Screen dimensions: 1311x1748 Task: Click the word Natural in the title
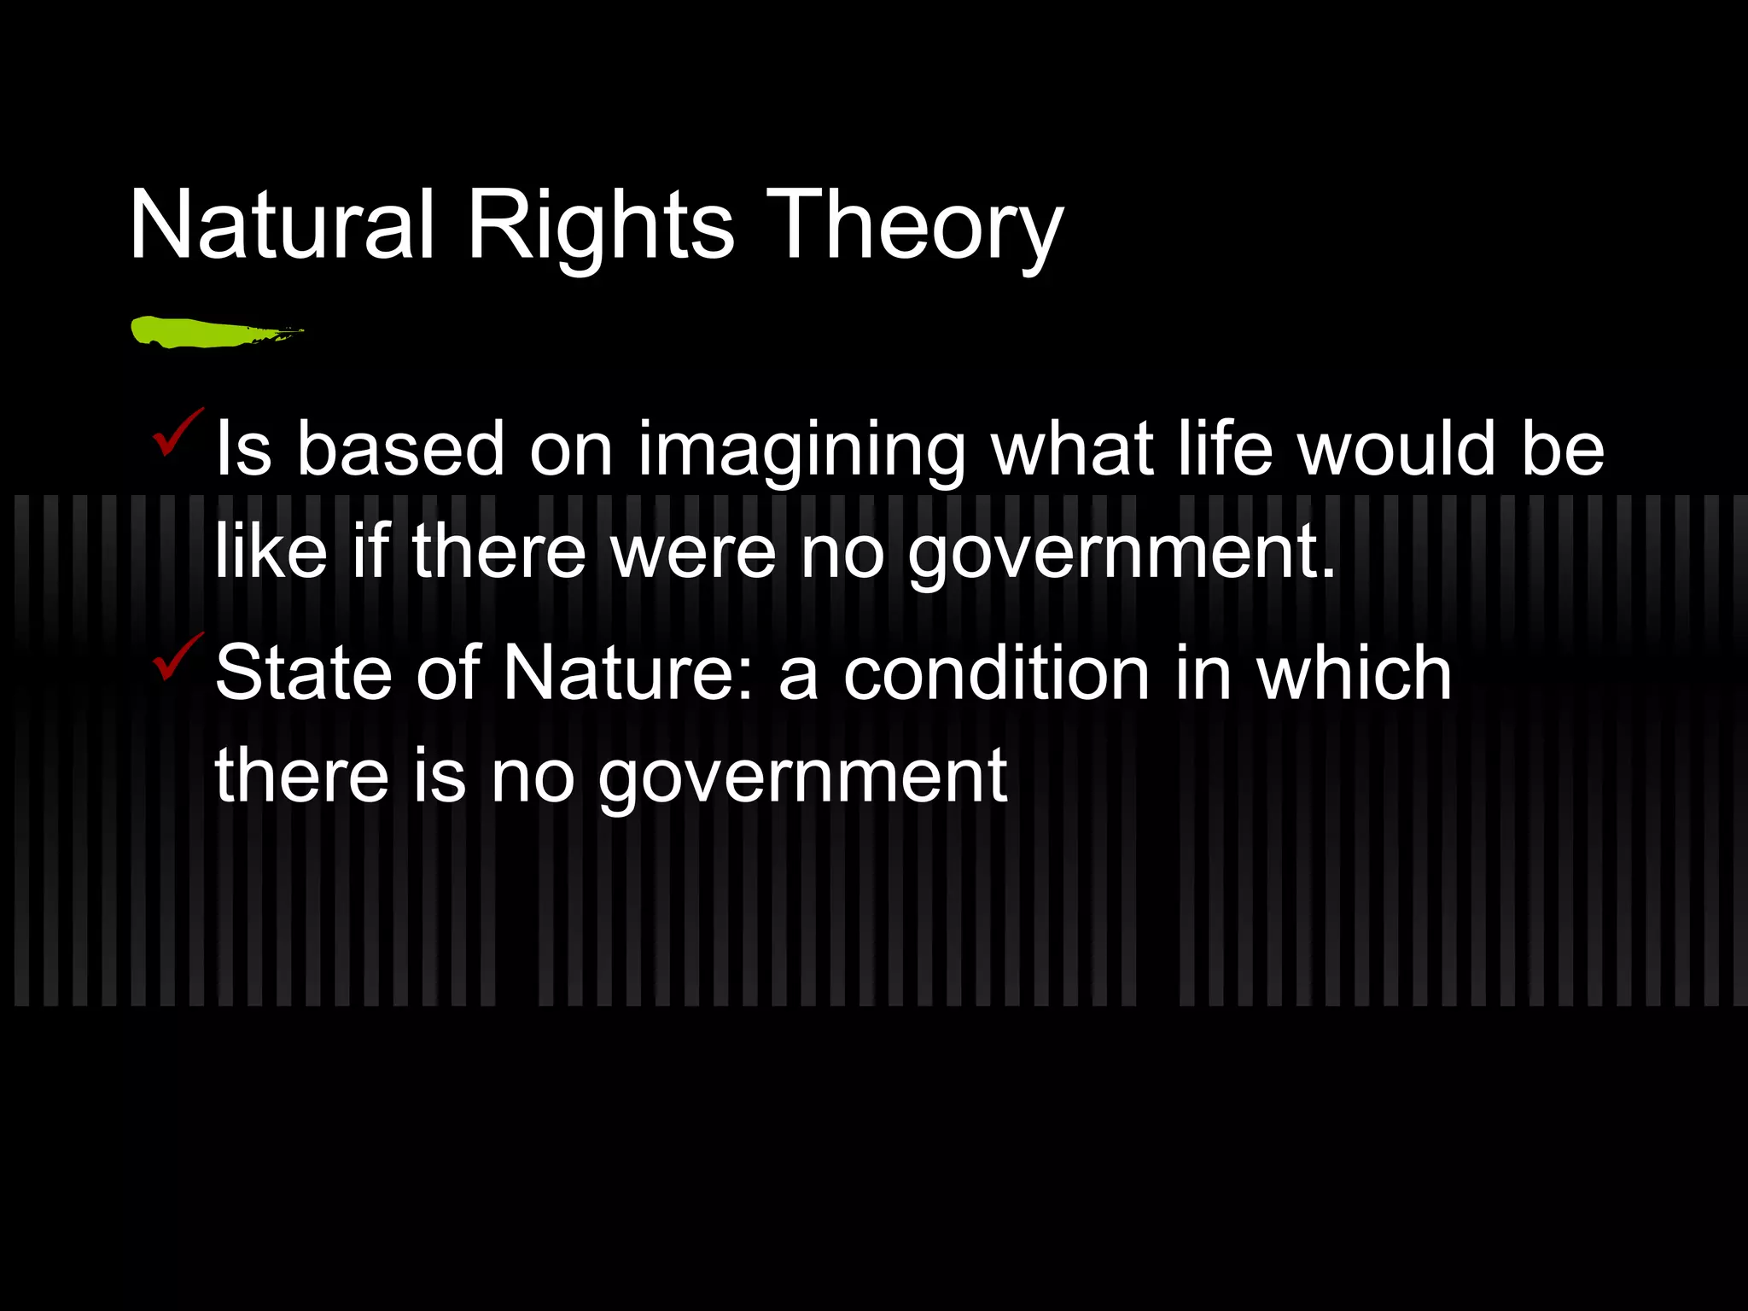pos(282,226)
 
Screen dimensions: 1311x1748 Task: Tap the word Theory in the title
pos(914,226)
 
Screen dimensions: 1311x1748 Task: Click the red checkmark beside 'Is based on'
pos(177,433)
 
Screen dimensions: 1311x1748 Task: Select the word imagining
pos(801,451)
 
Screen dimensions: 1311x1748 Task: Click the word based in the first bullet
pos(401,449)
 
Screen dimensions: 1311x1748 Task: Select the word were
pos(693,553)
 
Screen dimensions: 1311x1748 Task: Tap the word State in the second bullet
pos(303,673)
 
